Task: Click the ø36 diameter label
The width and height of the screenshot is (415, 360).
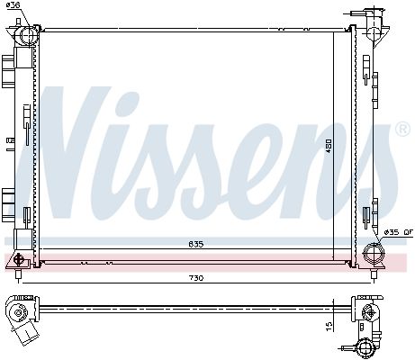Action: pos(13,4)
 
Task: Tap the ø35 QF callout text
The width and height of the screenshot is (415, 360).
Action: pos(399,232)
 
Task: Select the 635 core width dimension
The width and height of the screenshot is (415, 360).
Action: pos(196,244)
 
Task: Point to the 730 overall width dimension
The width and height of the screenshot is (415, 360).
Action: pos(196,278)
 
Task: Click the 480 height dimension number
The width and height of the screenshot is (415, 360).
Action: pos(329,146)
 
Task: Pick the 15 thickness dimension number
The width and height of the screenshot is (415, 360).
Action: pos(329,325)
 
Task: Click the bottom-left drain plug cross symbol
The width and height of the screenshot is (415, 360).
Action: pos(19,259)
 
